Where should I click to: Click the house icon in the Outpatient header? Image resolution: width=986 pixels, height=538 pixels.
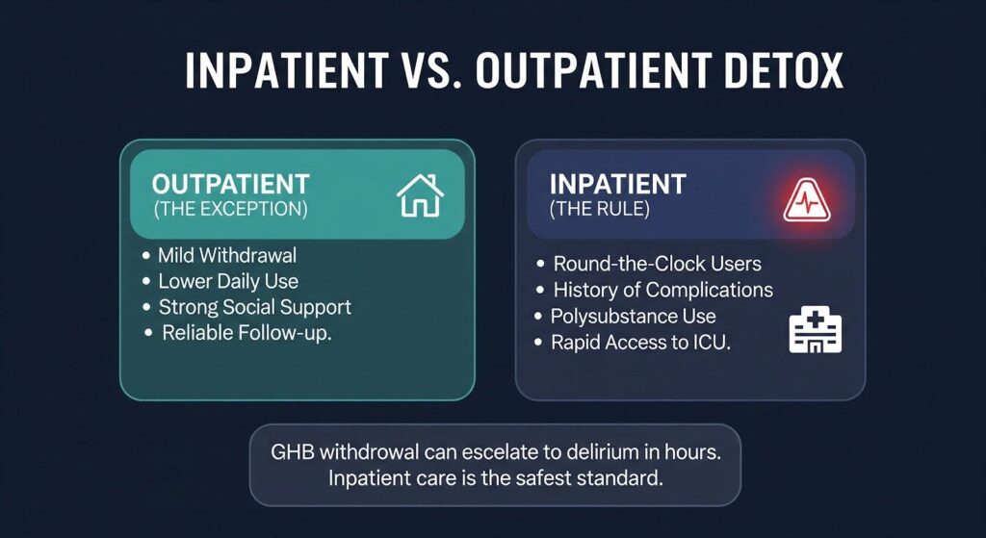(420, 195)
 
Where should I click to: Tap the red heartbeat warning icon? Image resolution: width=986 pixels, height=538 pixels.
(807, 200)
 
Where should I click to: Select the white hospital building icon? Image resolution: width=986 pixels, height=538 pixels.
(815, 329)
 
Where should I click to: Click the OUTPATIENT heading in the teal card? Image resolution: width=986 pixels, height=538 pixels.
(231, 184)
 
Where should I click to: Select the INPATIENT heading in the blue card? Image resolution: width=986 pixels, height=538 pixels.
(617, 184)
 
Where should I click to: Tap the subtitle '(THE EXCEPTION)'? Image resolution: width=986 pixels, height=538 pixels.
(231, 209)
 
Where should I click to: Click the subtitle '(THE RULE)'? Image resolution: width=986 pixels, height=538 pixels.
(599, 209)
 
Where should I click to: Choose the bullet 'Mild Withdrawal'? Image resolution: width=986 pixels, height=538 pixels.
(227, 255)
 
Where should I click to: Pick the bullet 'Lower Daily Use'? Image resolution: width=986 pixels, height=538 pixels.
(228, 281)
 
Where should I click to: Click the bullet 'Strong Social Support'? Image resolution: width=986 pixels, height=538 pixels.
(254, 307)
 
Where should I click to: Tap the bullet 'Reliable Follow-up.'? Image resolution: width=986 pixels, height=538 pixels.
(246, 333)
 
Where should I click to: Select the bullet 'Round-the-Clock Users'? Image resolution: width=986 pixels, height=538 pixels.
(657, 264)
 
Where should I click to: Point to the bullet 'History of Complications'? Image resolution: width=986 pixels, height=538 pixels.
(663, 290)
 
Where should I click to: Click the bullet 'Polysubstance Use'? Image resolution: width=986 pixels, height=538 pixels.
(634, 316)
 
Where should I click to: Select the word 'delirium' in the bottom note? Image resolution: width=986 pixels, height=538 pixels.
(605, 452)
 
